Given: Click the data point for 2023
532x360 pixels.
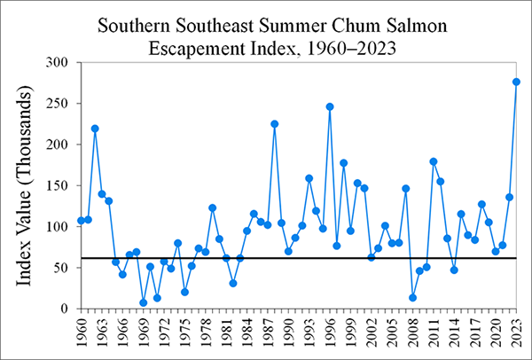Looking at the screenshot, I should (x=516, y=82).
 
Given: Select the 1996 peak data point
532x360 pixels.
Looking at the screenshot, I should (x=330, y=106).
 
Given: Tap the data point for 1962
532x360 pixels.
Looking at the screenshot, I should (x=95, y=129).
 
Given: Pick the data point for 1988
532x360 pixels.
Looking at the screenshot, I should (x=275, y=124).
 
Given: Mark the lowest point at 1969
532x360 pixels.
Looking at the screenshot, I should (x=143, y=302).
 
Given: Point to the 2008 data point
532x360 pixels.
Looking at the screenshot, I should (x=412, y=298).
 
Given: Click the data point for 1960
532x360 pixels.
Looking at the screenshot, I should (x=81, y=220).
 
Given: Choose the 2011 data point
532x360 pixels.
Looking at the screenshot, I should (x=434, y=161).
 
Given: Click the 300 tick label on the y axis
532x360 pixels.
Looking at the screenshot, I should (x=57, y=62).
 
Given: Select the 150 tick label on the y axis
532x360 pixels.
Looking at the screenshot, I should (x=57, y=185).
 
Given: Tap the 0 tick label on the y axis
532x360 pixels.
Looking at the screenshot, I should (x=65, y=309).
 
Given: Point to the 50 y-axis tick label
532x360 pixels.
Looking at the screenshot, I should (x=60, y=268).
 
